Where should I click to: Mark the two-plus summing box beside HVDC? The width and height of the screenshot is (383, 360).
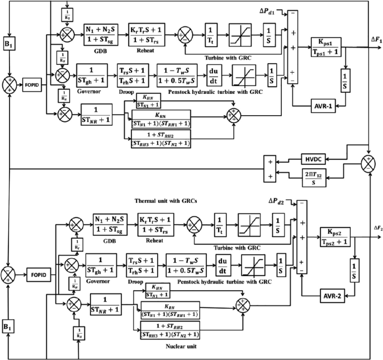(272, 169)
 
